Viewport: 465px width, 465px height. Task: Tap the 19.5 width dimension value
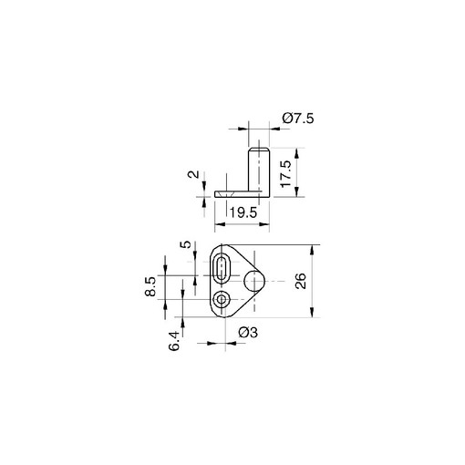(x=242, y=212)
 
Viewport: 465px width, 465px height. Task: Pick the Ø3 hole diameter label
(x=248, y=335)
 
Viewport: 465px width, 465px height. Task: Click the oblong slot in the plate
(x=222, y=272)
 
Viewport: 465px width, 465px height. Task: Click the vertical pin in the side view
(x=259, y=169)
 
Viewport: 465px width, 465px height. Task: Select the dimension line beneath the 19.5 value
(x=242, y=223)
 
